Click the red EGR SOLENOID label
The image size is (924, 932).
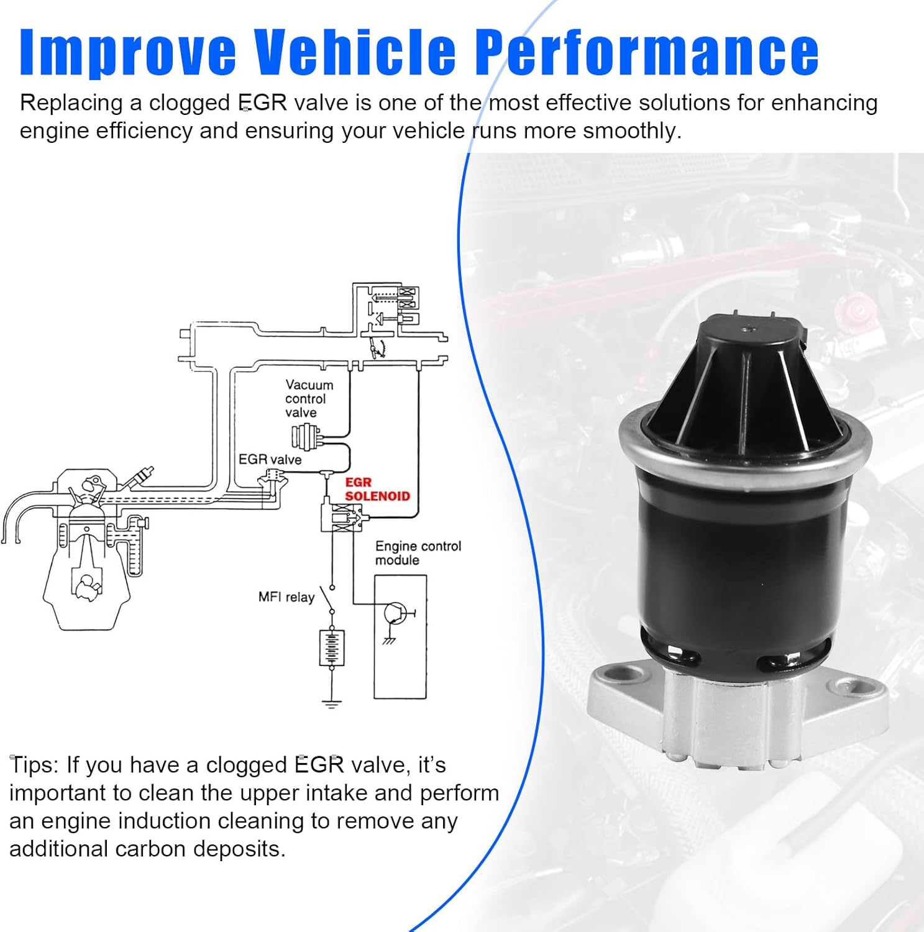pyautogui.click(x=377, y=490)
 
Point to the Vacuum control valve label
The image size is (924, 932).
pyautogui.click(x=309, y=399)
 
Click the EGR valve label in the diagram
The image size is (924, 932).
pyautogui.click(x=270, y=460)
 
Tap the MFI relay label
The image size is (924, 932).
pyautogui.click(x=286, y=597)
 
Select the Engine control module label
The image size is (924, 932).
pyautogui.click(x=418, y=553)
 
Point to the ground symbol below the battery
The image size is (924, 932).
pyautogui.click(x=332, y=704)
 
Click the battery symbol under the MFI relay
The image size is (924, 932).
pyautogui.click(x=332, y=647)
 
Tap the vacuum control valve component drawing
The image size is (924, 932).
pyautogui.click(x=306, y=436)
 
